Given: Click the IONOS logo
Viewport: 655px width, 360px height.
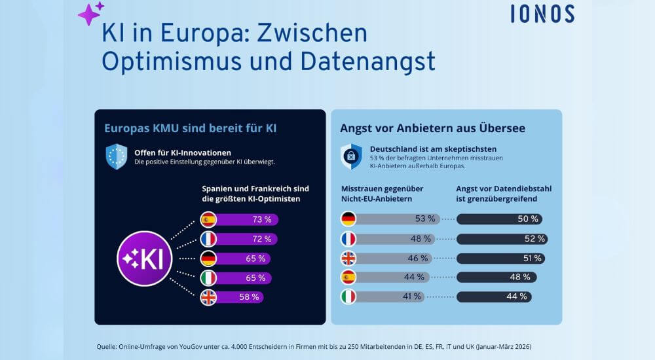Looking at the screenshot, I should click(x=542, y=14).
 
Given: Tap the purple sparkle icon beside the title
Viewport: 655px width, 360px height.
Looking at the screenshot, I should click(x=90, y=14).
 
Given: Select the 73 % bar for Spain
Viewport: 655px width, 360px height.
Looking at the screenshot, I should click(x=246, y=220).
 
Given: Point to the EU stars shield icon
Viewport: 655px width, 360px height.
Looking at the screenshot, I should click(x=117, y=156).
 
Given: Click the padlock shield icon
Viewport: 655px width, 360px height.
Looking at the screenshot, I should click(x=351, y=156).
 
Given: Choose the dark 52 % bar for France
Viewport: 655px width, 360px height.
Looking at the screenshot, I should click(x=501, y=239).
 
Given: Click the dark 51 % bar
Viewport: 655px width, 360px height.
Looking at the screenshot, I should click(x=500, y=258).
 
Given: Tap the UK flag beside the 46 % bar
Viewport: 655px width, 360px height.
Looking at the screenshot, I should click(x=348, y=258).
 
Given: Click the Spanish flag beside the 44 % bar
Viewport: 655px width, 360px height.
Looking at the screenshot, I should click(x=348, y=278).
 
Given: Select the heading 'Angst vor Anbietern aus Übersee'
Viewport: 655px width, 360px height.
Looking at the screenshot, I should click(x=432, y=128).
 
